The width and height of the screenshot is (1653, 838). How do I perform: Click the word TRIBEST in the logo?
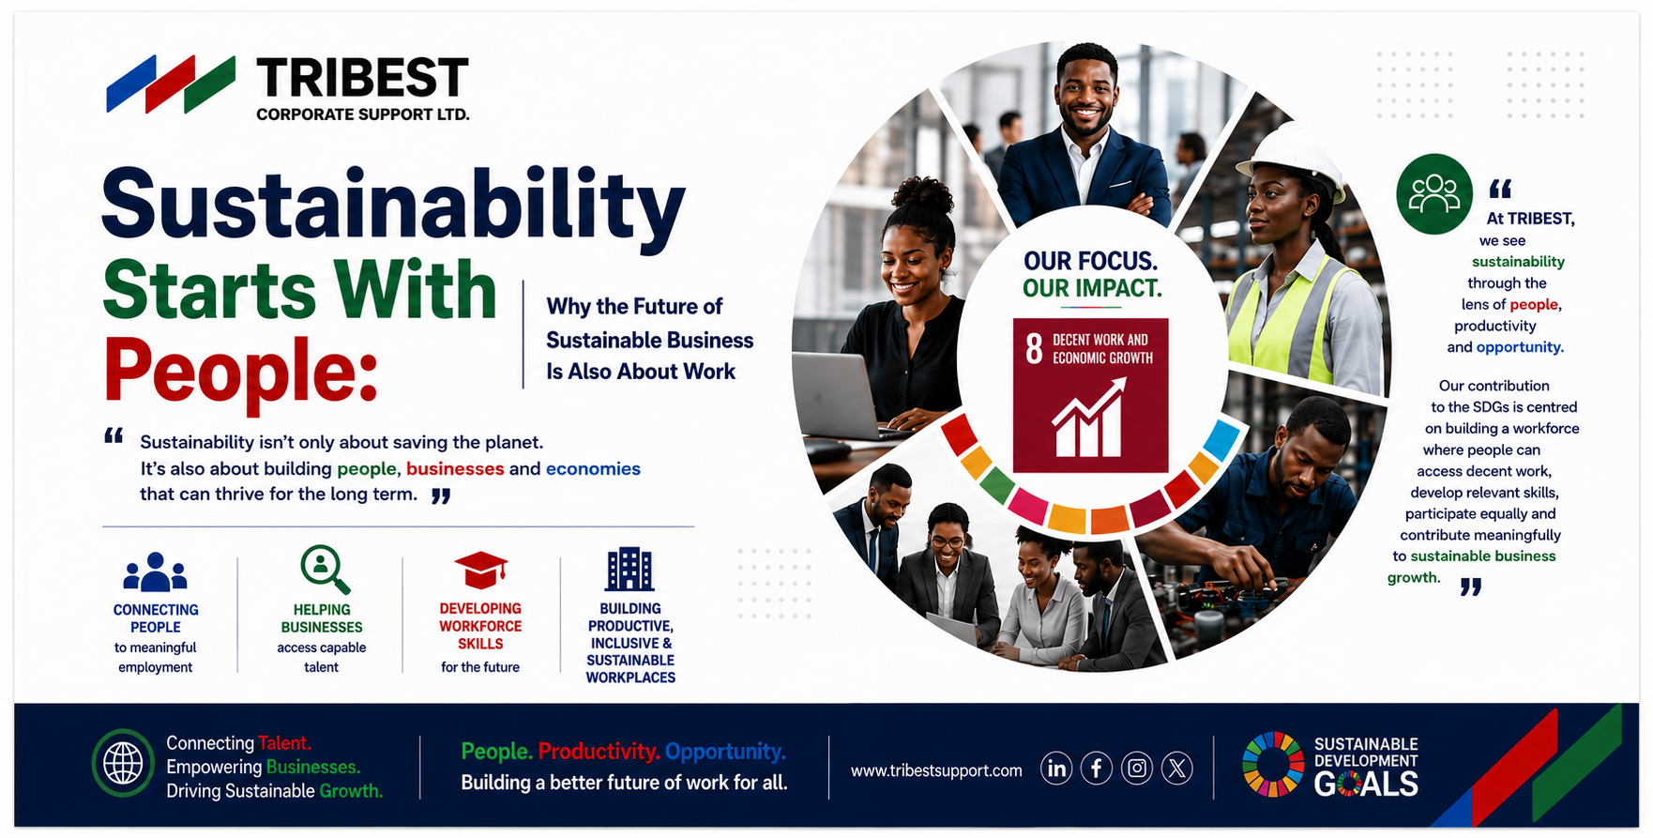[362, 78]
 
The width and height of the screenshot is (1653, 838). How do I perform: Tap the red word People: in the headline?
[240, 371]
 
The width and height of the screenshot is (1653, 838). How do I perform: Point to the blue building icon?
[629, 569]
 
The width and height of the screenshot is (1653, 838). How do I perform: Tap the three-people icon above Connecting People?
[156, 571]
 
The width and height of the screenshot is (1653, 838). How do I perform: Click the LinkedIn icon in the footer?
[1056, 769]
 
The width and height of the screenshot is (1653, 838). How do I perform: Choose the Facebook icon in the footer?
[1097, 769]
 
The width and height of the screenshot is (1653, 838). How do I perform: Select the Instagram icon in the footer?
[1137, 769]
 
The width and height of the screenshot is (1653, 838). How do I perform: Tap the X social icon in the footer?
[1177, 769]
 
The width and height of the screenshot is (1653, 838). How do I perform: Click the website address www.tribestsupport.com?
[936, 770]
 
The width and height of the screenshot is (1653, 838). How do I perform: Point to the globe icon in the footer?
[123, 763]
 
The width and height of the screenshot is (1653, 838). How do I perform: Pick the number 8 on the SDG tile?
[1034, 348]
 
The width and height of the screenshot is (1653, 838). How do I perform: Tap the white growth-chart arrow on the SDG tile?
[1089, 418]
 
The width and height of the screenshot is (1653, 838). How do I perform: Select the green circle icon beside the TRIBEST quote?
[1434, 194]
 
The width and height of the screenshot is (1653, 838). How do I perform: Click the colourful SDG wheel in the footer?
[1273, 764]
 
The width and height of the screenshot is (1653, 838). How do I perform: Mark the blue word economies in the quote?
[593, 468]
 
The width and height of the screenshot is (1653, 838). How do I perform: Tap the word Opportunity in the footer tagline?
[725, 752]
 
